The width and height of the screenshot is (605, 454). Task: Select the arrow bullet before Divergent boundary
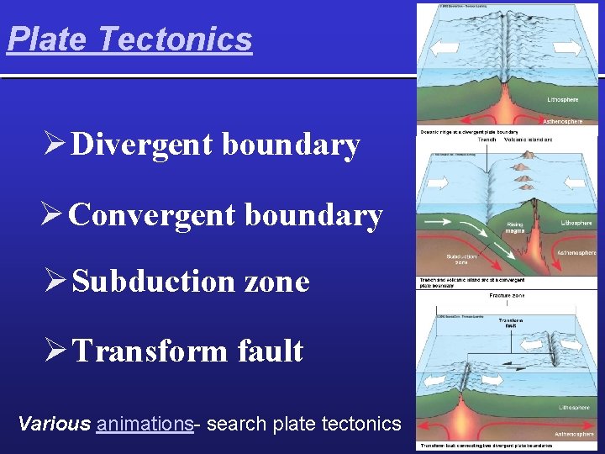[55, 145]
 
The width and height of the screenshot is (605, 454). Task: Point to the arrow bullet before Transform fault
[55, 351]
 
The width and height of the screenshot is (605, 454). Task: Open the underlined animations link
[145, 424]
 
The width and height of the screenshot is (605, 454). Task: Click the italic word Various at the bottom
[54, 424]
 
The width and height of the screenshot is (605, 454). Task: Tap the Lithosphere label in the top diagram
[563, 100]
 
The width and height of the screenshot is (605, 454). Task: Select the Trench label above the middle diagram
[487, 139]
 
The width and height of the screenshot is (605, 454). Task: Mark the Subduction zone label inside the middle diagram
[461, 259]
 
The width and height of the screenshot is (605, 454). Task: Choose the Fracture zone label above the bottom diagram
[507, 295]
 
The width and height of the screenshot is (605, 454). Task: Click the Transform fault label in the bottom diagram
[511, 323]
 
